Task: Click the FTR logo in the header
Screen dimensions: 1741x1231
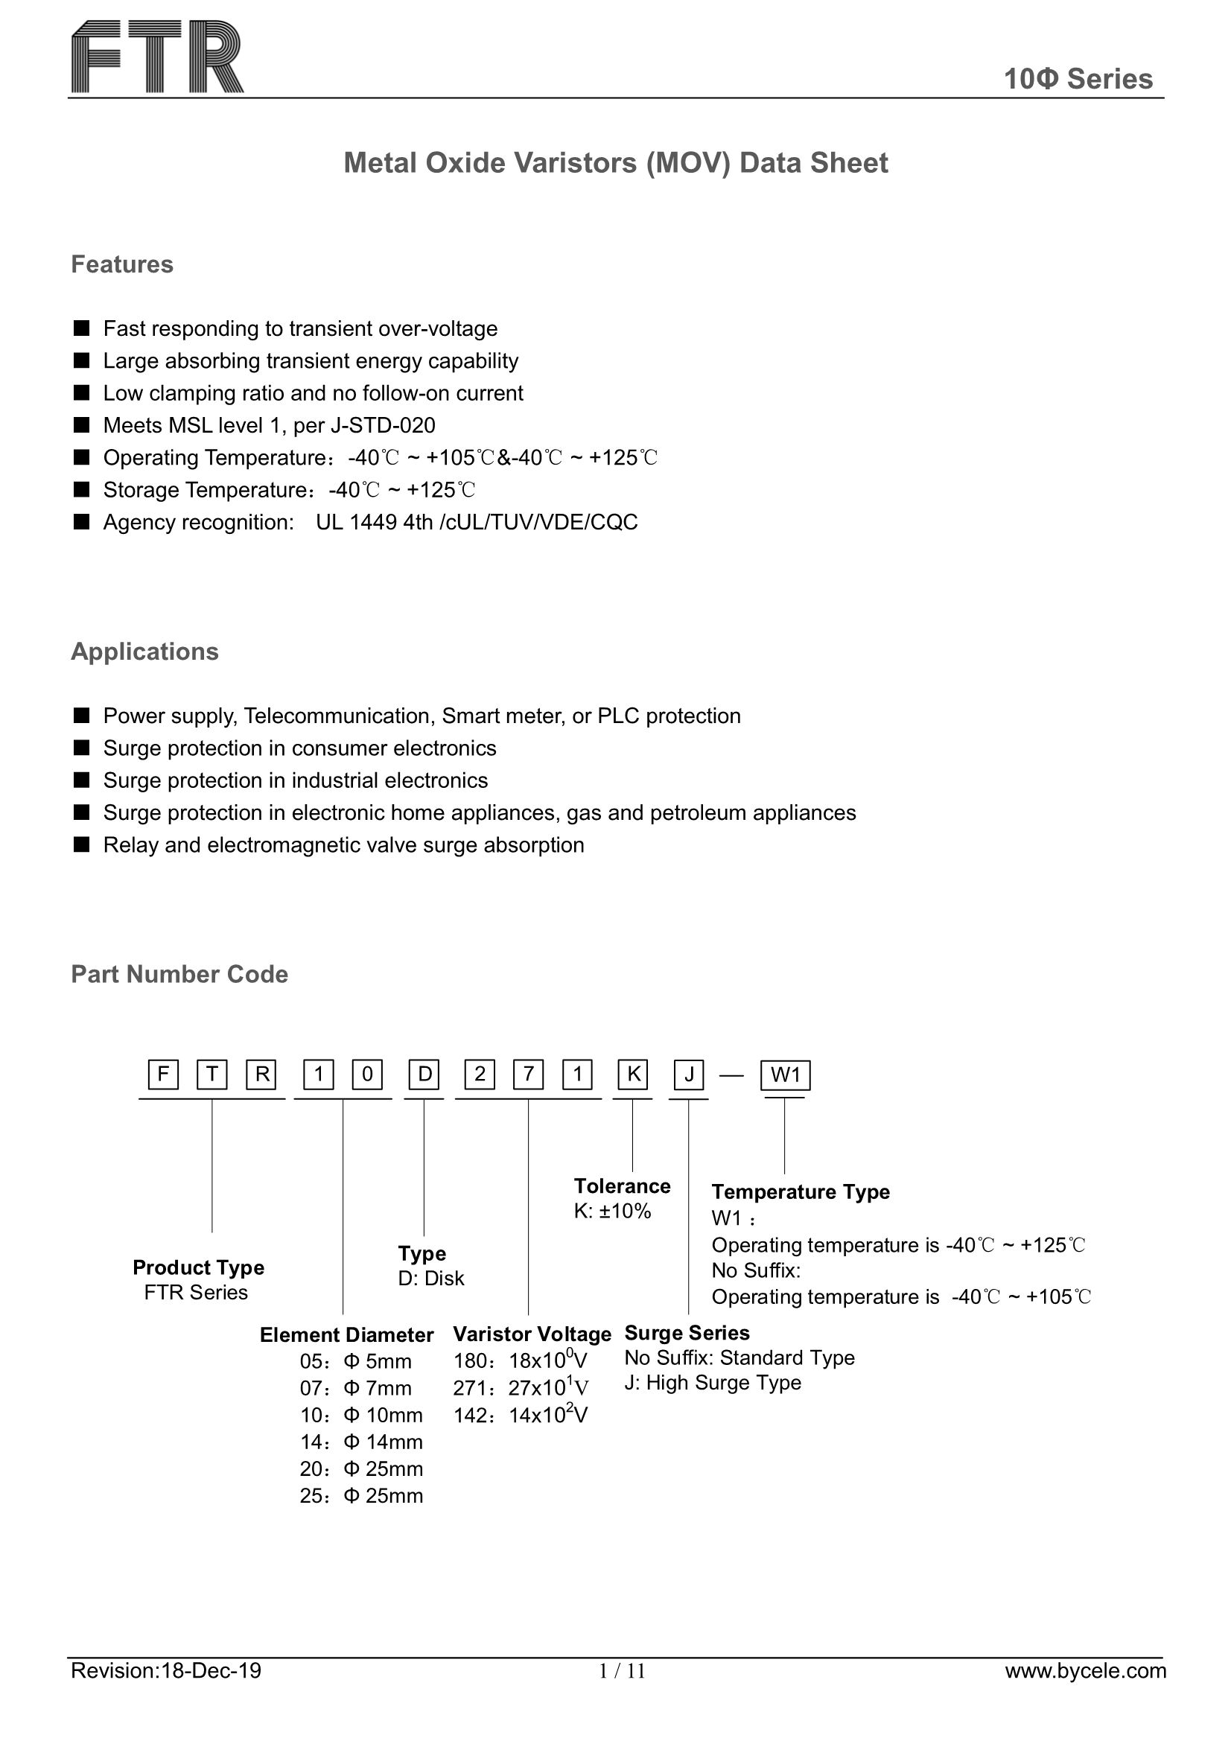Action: pos(157,57)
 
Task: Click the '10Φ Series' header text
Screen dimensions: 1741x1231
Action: pos(1078,79)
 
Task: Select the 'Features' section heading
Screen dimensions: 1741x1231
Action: pos(122,264)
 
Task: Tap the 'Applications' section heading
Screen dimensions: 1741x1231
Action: pos(144,652)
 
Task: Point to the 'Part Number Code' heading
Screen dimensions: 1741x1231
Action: pos(179,975)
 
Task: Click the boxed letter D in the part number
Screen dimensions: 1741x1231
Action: pos(424,1075)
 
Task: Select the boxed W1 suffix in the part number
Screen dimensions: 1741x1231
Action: pos(785,1075)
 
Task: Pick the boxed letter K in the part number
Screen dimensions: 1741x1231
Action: pos(632,1075)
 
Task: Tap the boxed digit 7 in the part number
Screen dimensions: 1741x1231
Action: pos(529,1075)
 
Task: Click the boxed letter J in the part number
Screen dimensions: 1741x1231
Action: pos(689,1075)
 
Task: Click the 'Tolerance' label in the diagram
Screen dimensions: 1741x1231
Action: pos(622,1186)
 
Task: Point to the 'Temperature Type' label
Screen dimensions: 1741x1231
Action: pos(801,1191)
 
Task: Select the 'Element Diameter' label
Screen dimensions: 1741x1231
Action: pos(346,1334)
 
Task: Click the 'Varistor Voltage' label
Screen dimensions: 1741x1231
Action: pos(532,1334)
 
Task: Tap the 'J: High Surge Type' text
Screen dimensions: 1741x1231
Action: pos(712,1382)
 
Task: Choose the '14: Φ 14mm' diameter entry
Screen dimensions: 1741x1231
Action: pos(361,1442)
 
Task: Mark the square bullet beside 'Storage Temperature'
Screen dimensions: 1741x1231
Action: pos(81,490)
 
